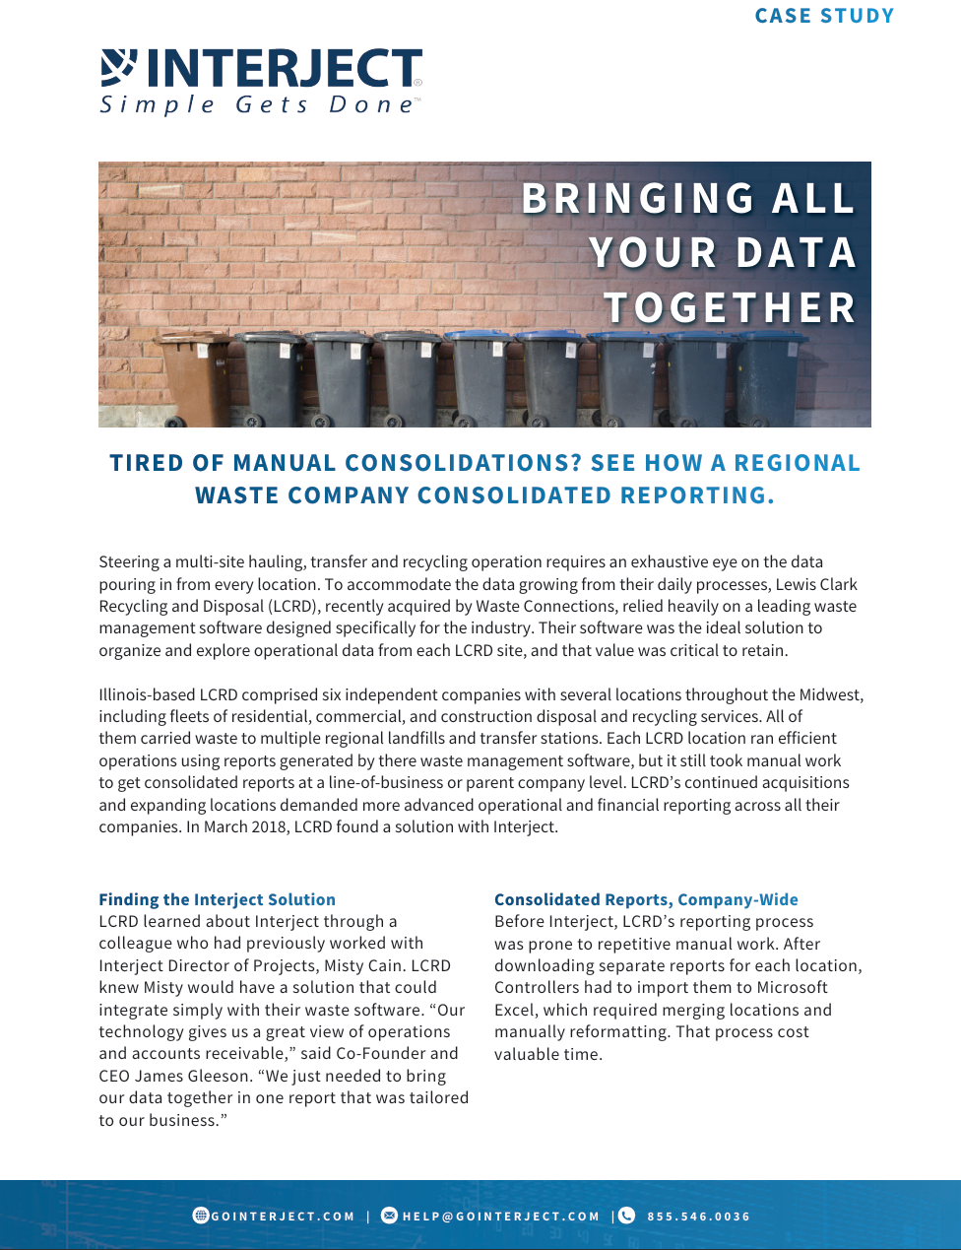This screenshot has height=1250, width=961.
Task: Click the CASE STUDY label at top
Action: [x=824, y=16]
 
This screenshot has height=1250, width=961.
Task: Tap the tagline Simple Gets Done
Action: [x=258, y=105]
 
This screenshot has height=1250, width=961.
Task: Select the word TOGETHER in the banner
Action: [x=730, y=307]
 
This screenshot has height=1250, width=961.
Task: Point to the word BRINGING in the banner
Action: [x=639, y=199]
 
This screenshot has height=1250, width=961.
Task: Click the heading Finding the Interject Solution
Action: [x=217, y=899]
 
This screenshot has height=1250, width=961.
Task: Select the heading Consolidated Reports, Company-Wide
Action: [x=646, y=899]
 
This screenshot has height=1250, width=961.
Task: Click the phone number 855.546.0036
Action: [x=698, y=1217]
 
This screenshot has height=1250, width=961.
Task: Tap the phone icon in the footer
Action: [x=626, y=1216]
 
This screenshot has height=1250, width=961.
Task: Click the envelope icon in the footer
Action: [x=389, y=1216]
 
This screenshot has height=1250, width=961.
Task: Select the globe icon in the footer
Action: [x=201, y=1216]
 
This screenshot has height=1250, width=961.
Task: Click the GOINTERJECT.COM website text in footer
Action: [x=283, y=1217]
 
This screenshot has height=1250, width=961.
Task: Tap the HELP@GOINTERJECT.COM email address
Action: [x=501, y=1217]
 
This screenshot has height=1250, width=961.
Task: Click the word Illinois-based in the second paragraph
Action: [x=147, y=694]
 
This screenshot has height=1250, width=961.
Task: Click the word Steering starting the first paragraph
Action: [x=129, y=561]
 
